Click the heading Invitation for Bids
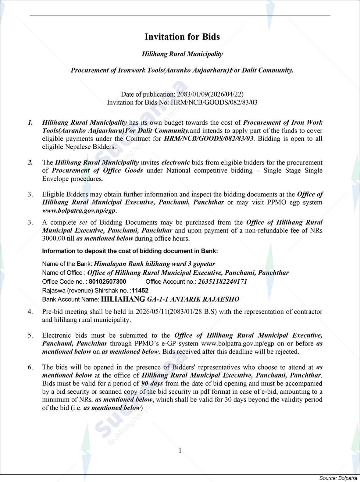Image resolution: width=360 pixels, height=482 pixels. pos(182,37)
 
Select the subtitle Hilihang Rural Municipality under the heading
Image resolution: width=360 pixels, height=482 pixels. pos(182,54)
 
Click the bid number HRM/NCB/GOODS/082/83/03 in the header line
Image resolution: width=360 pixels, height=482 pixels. pos(214,102)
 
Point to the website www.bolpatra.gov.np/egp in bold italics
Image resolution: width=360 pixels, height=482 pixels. pos(79,211)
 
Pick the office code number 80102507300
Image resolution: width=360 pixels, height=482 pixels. pos(108,282)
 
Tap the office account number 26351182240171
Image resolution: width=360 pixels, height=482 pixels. pos(223,282)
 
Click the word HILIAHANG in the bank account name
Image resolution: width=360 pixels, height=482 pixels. pos(123,299)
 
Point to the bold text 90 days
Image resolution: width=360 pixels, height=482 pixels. pos(152,383)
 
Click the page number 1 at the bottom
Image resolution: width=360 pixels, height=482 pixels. pos(180,450)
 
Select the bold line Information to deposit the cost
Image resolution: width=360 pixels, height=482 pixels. pos(130,251)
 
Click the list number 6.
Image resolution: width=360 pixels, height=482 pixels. pos(30,367)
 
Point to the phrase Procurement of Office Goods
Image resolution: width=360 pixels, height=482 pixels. pos(97,171)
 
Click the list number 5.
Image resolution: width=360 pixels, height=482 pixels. pos(30,335)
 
